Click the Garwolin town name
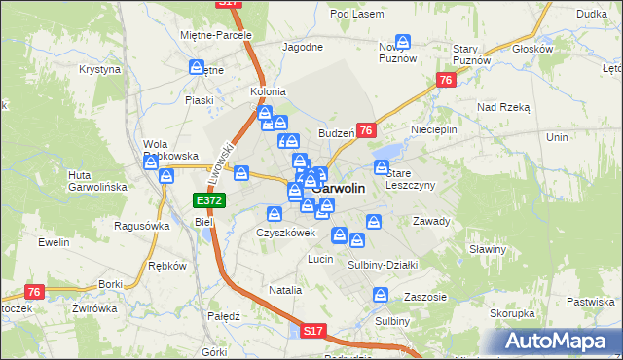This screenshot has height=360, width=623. pyautogui.click(x=341, y=190)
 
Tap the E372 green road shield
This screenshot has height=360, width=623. pyautogui.click(x=208, y=200)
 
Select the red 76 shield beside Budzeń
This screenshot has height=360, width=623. pyautogui.click(x=366, y=130)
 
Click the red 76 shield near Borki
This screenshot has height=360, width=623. pyautogui.click(x=35, y=291)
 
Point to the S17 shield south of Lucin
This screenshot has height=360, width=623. pyautogui.click(x=311, y=331)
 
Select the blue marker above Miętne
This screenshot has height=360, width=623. pyautogui.click(x=198, y=68)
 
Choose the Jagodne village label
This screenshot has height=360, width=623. pyautogui.click(x=302, y=47)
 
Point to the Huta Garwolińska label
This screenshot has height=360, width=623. pyautogui.click(x=92, y=182)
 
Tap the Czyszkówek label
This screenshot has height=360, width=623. pyautogui.click(x=285, y=234)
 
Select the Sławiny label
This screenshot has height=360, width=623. pyautogui.click(x=488, y=249)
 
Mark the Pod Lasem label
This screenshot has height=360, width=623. pyautogui.click(x=353, y=14)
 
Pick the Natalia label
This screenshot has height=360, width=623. pyautogui.click(x=285, y=290)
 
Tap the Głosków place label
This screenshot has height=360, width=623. pyautogui.click(x=531, y=49)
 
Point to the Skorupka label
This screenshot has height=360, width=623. pyautogui.click(x=512, y=314)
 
